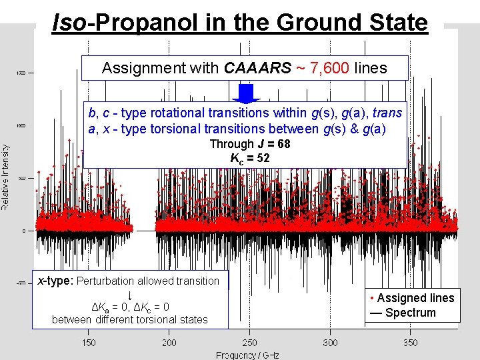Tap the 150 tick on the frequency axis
89,343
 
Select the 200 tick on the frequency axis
169,343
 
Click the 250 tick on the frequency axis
249,343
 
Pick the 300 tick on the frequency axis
330,343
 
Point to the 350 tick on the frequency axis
411,343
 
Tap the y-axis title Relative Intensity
5,177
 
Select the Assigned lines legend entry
414,298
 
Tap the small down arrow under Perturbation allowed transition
129,294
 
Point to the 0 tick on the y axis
24,231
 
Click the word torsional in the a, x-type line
237,129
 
